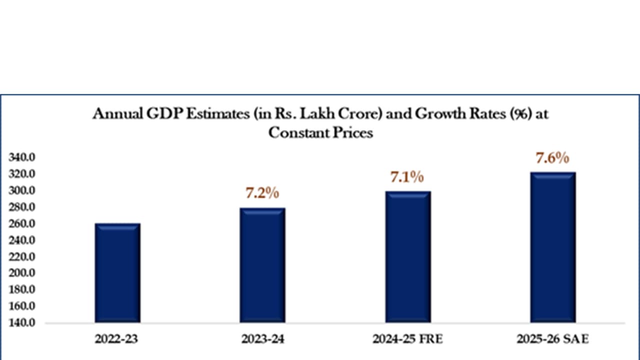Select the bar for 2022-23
pos(117,273)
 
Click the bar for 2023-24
pos(262,265)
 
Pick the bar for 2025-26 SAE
pos(553,247)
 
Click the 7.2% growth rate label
pos(261,193)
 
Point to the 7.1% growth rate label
pos(407,176)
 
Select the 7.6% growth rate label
pos(552,158)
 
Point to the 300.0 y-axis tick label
pos(21,191)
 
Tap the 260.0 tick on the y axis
pos(21,224)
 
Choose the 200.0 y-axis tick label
pos(21,273)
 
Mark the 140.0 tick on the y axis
pos(21,323)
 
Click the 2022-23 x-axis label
pos(116,339)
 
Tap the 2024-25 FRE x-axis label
pos(407,339)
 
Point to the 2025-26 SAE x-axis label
pos(553,339)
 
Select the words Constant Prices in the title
pos(320,133)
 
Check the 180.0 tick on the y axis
pos(21,290)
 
